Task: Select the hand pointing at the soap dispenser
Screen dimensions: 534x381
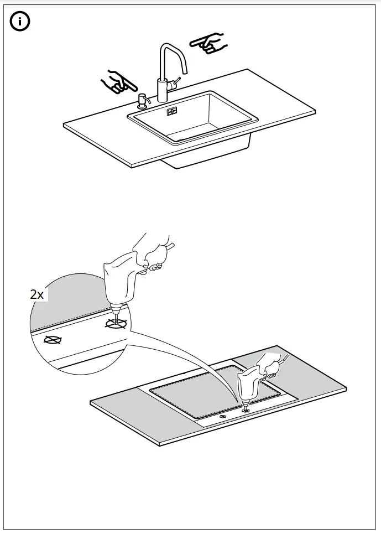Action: pos(118,82)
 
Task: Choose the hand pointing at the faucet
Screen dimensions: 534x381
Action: pos(207,43)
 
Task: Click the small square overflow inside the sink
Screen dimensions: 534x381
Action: pos(171,111)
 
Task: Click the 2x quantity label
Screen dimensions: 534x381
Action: pos(36,294)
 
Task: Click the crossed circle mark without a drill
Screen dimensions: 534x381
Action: pos(53,340)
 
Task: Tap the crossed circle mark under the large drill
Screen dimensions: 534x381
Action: pos(117,324)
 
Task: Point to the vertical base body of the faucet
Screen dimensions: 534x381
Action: pos(162,90)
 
